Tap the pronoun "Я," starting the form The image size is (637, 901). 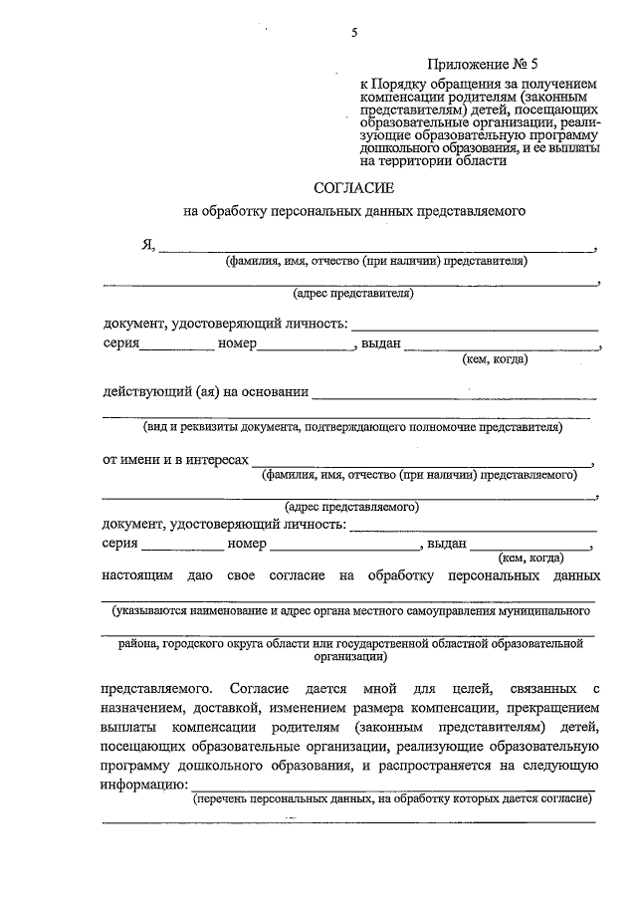coord(148,245)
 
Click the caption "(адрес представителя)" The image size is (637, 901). coord(352,294)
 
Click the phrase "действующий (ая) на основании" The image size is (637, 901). coord(205,391)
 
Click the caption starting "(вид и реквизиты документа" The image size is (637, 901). coord(351,427)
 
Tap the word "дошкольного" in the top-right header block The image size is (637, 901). coord(399,146)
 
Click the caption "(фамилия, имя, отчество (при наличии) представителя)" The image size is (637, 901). coord(375,262)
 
